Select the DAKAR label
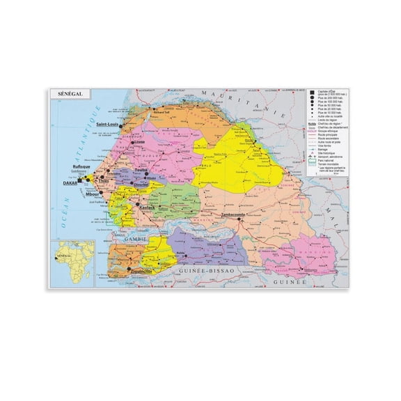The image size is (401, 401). point(70,183)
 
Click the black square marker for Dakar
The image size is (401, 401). point(80,181)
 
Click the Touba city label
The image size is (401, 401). point(142,170)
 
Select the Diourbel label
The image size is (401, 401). point(142,184)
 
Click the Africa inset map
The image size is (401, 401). point(72,262)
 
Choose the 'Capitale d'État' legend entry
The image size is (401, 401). point(327,95)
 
